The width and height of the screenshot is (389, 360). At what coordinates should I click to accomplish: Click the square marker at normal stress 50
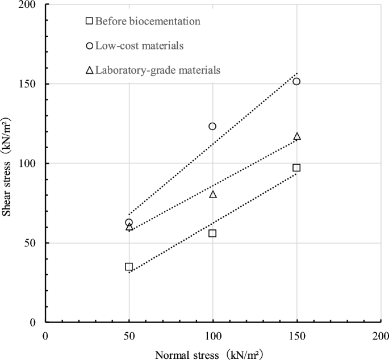click(x=129, y=267)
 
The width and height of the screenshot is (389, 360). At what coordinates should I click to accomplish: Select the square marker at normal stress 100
click(x=212, y=233)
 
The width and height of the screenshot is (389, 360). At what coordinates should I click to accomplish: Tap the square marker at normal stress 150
click(x=296, y=168)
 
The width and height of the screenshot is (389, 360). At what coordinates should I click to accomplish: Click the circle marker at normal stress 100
click(x=212, y=126)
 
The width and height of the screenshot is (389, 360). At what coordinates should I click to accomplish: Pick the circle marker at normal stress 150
click(x=296, y=81)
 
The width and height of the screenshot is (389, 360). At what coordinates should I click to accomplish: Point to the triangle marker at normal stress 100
click(x=213, y=194)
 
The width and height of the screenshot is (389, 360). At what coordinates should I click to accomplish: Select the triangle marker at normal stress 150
click(x=296, y=136)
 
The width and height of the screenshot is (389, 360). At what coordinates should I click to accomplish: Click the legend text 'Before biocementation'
click(x=148, y=21)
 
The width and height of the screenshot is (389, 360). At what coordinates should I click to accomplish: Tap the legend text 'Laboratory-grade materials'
click(x=157, y=70)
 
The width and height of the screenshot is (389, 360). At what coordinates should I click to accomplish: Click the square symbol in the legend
click(x=89, y=21)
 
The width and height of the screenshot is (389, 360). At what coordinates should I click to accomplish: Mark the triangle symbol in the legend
click(x=89, y=70)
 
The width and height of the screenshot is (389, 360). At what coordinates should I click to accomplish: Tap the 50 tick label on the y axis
click(x=32, y=243)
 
